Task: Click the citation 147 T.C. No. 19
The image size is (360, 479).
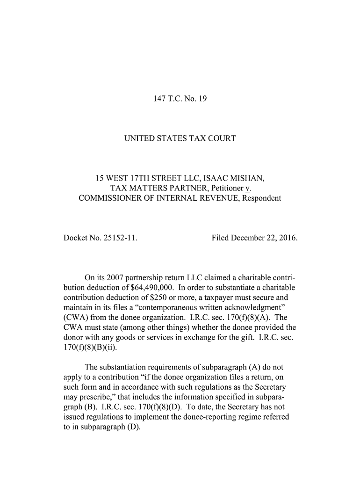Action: [x=180, y=99]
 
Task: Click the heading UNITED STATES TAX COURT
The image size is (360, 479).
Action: [x=180, y=138]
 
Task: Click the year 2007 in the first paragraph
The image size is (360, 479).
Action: [x=106, y=277]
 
